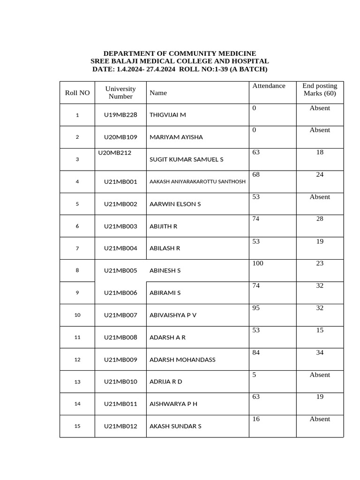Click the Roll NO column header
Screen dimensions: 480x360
77,93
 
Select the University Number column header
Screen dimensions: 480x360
120,93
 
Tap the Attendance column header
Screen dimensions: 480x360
269,86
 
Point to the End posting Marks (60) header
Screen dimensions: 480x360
320,90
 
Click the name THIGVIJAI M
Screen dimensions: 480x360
167,115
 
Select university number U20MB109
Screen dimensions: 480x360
120,137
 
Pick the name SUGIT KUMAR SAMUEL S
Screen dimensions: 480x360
186,159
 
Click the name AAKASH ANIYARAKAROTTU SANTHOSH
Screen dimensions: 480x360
197,181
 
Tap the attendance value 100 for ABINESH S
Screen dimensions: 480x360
258,263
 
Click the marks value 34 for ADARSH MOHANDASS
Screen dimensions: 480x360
320,352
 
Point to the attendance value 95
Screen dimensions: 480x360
256,308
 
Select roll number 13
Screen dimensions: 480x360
77,382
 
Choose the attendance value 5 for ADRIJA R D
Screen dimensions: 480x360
254,375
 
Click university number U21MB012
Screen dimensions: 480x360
120,426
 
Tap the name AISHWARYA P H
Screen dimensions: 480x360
173,404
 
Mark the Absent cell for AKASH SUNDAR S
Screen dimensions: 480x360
320,419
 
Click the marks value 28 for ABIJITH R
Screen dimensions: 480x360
320,219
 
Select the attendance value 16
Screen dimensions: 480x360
256,419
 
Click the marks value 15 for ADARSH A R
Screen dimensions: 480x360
320,330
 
